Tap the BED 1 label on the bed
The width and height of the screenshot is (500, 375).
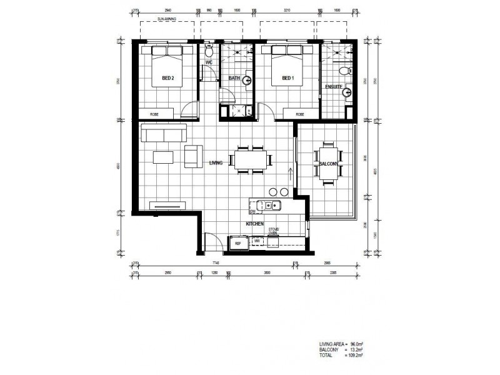tap(287, 78)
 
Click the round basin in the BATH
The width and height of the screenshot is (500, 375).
tap(247, 80)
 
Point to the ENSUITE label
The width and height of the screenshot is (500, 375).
tap(334, 87)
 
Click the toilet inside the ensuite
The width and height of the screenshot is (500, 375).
tap(344, 72)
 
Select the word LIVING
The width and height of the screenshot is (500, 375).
tap(217, 162)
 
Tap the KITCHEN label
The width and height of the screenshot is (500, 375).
tap(254, 223)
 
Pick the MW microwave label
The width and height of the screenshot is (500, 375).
tap(256, 241)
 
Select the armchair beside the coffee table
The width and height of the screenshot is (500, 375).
tap(192, 156)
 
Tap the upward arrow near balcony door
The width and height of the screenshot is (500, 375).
tap(290, 173)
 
